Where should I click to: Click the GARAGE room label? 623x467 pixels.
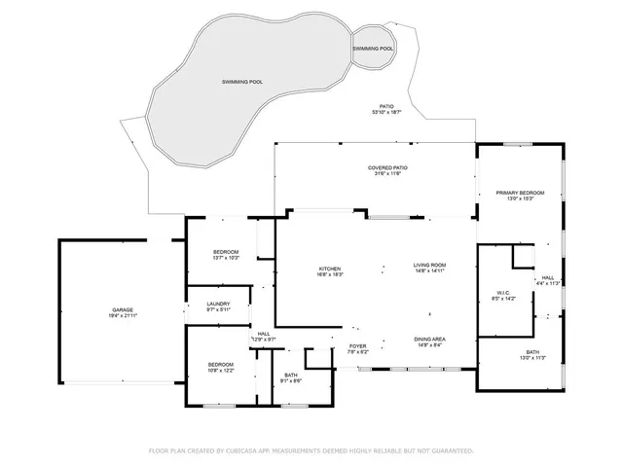[x=122, y=309]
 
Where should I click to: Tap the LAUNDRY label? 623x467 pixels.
[x=218, y=305]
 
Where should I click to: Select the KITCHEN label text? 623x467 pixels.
[x=330, y=269]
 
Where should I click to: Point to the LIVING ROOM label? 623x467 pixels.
[x=429, y=265]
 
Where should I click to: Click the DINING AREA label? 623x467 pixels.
[x=429, y=339]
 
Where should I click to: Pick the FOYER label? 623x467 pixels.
[x=357, y=346]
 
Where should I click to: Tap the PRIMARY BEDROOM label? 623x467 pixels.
[x=519, y=193]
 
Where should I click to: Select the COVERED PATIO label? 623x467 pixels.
[x=387, y=167]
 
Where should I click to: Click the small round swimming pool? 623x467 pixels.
[x=373, y=48]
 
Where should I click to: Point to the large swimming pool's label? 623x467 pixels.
[x=243, y=82]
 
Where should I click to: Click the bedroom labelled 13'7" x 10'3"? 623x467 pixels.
[x=226, y=253]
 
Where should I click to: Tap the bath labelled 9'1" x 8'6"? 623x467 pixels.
[x=291, y=376]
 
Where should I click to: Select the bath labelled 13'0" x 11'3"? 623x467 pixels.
[x=532, y=352]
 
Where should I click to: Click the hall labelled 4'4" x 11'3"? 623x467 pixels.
[x=548, y=278]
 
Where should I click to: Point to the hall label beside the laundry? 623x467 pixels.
[x=264, y=334]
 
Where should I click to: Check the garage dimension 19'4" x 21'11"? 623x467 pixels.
[x=122, y=315]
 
